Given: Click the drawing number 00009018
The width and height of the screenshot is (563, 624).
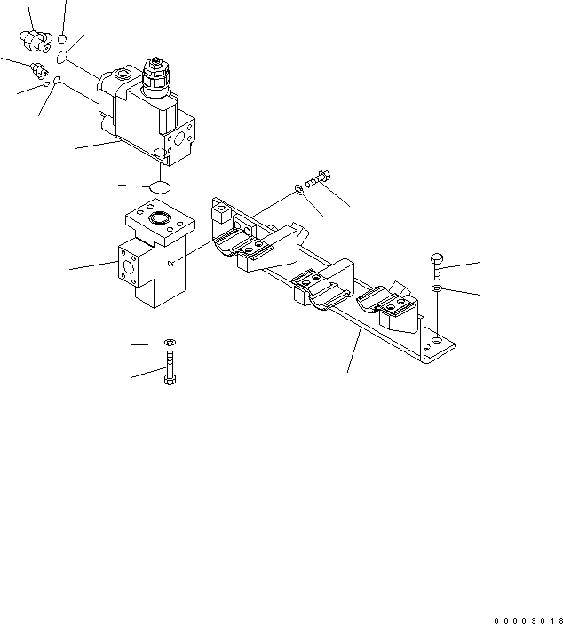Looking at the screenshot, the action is (528, 620).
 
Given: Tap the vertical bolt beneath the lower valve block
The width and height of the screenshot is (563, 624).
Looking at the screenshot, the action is (170, 367).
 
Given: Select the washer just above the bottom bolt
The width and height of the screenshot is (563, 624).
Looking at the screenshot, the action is (170, 342).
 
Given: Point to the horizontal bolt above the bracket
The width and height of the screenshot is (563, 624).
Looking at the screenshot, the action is (318, 178).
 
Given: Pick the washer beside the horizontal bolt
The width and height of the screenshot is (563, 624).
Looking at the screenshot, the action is (298, 189).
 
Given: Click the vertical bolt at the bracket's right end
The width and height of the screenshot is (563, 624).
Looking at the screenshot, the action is (437, 265).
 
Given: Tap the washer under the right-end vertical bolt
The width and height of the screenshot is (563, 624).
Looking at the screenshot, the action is (436, 288).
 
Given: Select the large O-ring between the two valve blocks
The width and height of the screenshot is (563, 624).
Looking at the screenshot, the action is (160, 187).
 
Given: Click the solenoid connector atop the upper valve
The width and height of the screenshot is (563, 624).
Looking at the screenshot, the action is (156, 77).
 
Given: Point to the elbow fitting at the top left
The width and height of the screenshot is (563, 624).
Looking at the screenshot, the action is (35, 41).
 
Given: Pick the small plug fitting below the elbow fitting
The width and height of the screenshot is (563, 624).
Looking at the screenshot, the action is (38, 70).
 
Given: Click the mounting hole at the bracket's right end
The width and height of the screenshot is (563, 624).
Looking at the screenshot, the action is (437, 340).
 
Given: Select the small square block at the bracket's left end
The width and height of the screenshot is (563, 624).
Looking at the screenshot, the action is (219, 212).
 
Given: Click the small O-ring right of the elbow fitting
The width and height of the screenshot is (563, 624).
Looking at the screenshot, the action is (61, 39).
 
